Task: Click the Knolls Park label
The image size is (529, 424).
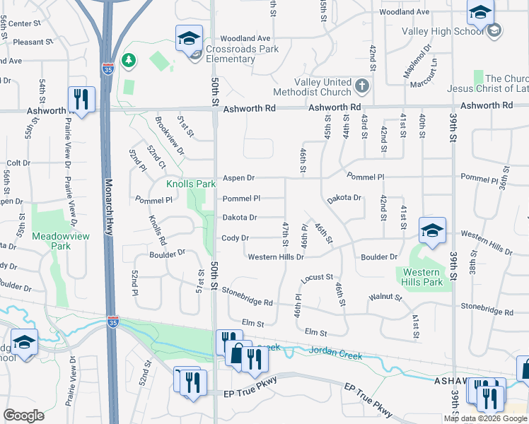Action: (191, 184)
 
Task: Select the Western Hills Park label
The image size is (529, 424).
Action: (422, 277)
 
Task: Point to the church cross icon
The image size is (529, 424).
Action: (361, 86)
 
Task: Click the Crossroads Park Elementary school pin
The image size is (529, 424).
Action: (189, 40)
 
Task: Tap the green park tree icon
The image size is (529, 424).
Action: (129, 61)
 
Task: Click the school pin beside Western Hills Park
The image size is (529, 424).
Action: (432, 231)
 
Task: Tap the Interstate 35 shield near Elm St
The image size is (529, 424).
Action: (113, 322)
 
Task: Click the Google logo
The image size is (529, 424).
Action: (23, 415)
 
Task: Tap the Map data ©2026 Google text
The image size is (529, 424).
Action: (484, 418)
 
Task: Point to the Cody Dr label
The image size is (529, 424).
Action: (235, 238)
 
